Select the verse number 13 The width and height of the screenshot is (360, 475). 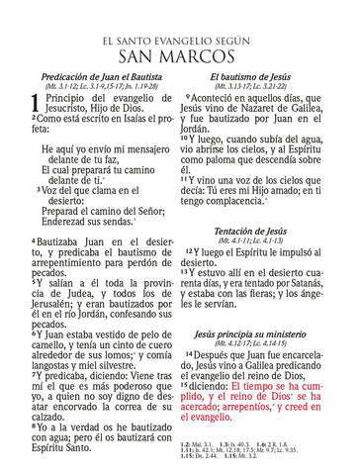[190, 272]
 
